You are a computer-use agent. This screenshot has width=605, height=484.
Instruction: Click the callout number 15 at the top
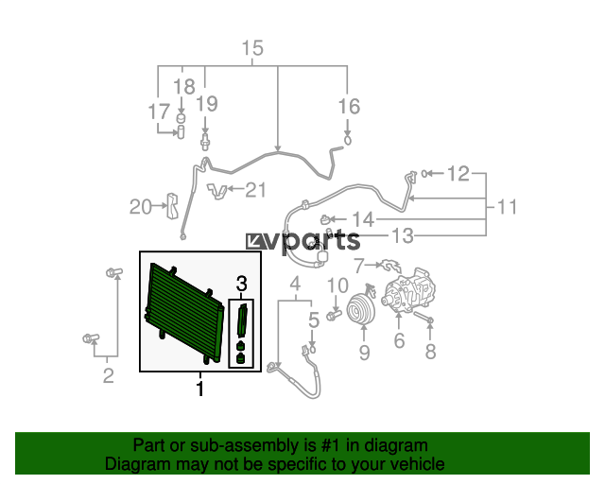pyautogui.click(x=252, y=48)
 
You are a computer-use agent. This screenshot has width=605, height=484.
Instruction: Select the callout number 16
pyautogui.click(x=349, y=107)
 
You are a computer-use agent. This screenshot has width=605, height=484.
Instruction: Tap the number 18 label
pyautogui.click(x=184, y=87)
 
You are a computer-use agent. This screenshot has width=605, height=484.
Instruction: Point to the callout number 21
pyautogui.click(x=256, y=190)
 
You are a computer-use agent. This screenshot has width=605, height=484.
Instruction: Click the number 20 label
pyautogui.click(x=141, y=207)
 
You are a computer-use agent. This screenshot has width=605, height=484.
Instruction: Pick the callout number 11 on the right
pyautogui.click(x=507, y=207)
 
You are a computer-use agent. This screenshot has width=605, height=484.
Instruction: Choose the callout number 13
pyautogui.click(x=403, y=235)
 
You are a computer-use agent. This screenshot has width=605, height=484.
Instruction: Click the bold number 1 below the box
pyautogui.click(x=199, y=389)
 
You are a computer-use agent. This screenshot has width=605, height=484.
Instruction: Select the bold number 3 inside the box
pyautogui.click(x=242, y=284)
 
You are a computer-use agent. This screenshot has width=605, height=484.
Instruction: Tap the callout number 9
pyautogui.click(x=364, y=353)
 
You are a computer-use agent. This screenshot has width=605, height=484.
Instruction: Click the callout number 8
pyautogui.click(x=430, y=352)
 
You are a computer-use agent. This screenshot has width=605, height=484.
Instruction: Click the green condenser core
pyautogui.click(x=182, y=311)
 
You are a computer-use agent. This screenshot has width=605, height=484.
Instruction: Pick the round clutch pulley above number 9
pyautogui.click(x=361, y=309)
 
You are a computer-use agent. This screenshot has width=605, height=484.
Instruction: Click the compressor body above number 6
pyautogui.click(x=409, y=290)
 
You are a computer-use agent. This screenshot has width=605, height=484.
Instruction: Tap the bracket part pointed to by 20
pyautogui.click(x=172, y=205)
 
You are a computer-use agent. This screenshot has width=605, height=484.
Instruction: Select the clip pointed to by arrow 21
pyautogui.click(x=216, y=191)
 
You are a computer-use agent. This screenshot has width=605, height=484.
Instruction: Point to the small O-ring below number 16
pyautogui.click(x=348, y=140)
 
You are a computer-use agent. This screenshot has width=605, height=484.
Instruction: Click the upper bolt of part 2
pyautogui.click(x=113, y=272)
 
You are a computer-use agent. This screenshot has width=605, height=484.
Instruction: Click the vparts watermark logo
pyautogui.click(x=302, y=241)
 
